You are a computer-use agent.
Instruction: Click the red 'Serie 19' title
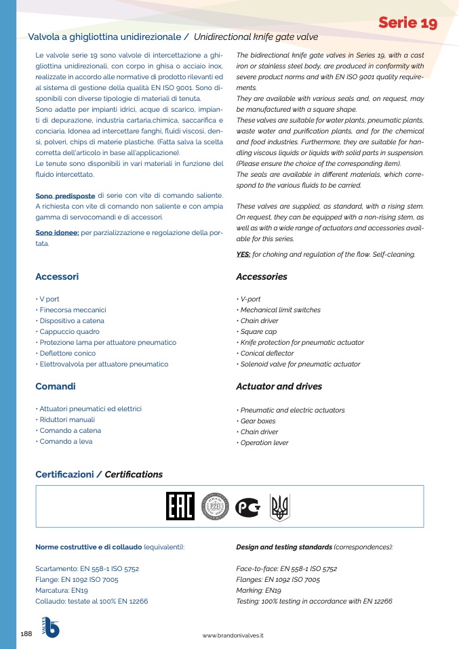(x=407, y=23)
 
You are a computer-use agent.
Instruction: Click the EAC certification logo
(x=180, y=506)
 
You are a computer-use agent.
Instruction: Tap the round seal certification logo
(x=215, y=507)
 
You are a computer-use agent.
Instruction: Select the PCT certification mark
(x=247, y=507)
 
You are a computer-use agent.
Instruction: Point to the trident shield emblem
(x=279, y=507)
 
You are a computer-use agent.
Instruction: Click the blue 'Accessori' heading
(x=57, y=276)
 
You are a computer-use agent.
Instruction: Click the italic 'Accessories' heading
(x=261, y=276)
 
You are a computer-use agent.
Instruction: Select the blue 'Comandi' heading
(x=55, y=386)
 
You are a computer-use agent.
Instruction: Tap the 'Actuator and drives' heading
(x=279, y=386)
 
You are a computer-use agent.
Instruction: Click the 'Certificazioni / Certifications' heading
(x=99, y=474)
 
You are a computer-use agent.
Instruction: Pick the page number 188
(x=27, y=633)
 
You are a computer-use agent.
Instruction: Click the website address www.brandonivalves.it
(x=233, y=635)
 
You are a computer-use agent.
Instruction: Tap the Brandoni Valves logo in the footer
(x=51, y=627)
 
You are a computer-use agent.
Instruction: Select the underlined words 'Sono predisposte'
(x=65, y=196)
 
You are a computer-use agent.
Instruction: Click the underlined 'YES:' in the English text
(x=243, y=255)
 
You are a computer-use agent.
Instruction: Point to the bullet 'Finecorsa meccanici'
(x=73, y=310)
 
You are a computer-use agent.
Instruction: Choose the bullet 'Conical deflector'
(x=266, y=353)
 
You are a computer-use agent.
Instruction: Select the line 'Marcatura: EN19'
(x=61, y=590)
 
